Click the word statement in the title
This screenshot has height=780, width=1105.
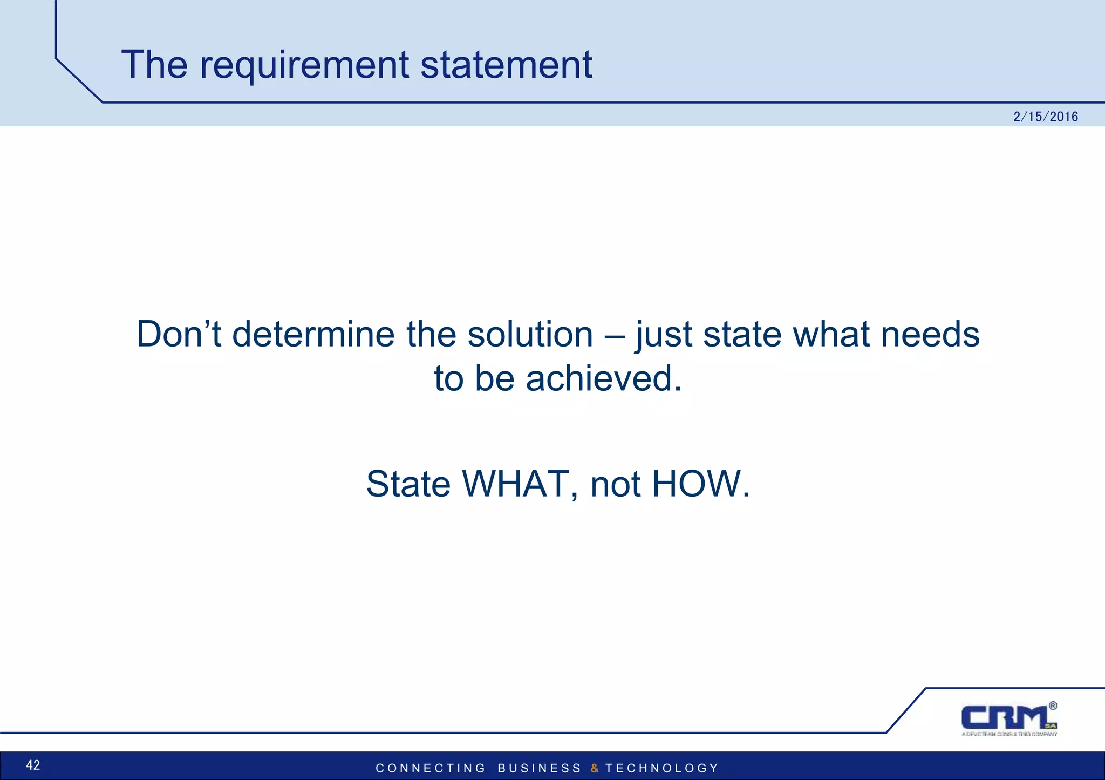(x=506, y=65)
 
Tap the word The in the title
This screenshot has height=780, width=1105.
(x=154, y=65)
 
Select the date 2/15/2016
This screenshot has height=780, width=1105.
(x=1045, y=117)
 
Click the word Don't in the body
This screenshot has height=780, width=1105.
(x=179, y=334)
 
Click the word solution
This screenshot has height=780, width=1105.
(x=530, y=334)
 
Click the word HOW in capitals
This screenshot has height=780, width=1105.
(x=700, y=484)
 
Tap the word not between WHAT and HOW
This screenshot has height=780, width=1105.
(x=617, y=485)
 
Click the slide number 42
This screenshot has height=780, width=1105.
(x=33, y=765)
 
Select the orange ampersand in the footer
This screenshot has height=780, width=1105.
(x=594, y=768)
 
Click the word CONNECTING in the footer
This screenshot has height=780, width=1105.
(x=431, y=768)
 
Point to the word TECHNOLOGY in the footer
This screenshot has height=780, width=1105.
(x=661, y=768)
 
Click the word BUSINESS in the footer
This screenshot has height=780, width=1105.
(x=539, y=768)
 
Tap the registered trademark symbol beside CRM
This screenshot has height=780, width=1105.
(x=1053, y=706)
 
